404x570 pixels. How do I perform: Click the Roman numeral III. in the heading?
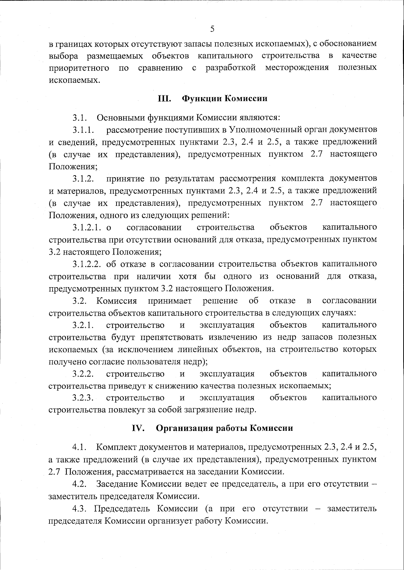tap(165, 99)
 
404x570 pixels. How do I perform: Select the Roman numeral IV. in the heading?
tap(138, 428)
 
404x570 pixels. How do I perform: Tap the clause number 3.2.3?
tap(82, 398)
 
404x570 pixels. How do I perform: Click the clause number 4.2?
tap(80, 484)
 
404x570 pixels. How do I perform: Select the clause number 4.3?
tap(80, 508)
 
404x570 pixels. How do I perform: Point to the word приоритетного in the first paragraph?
tap(79, 68)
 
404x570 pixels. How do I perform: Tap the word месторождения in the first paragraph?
tap(297, 68)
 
